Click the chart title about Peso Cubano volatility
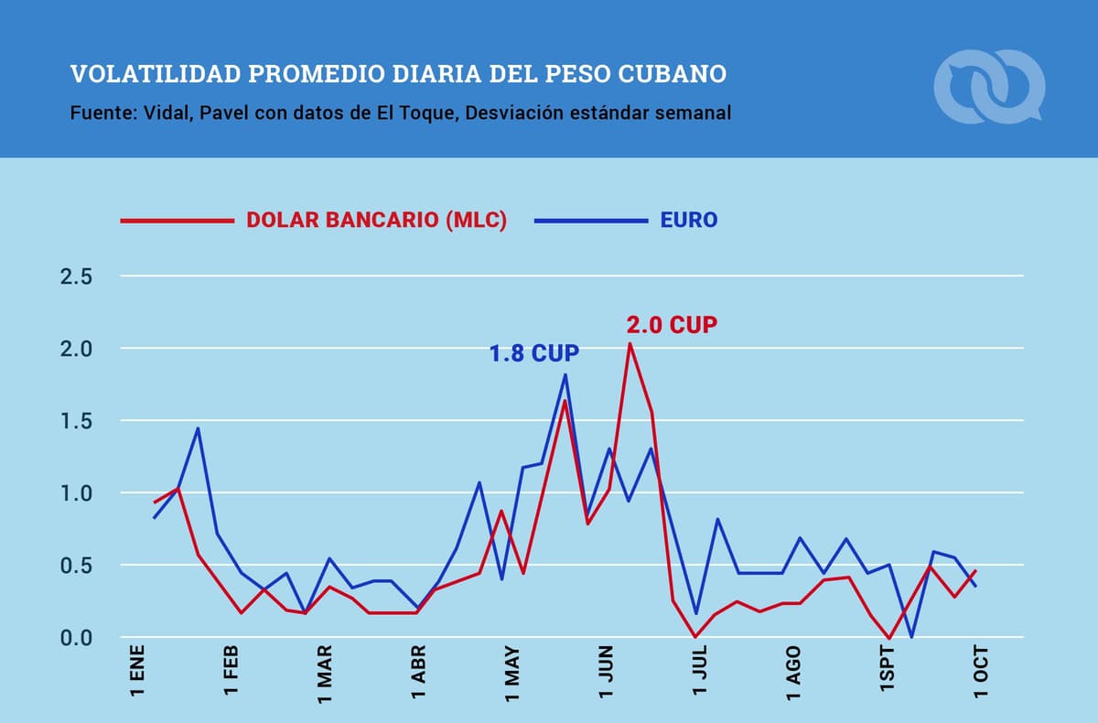coord(398,73)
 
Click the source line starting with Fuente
coord(400,114)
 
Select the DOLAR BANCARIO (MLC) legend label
coord(376,221)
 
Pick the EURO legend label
coord(688,221)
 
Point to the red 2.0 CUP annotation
coord(671,325)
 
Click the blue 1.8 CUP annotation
coord(534,354)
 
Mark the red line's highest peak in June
coord(630,343)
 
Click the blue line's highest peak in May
coord(565,374)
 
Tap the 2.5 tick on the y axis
coord(76,276)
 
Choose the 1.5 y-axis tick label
coord(76,421)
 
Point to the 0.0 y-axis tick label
coord(76,638)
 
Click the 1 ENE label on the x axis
coord(138,674)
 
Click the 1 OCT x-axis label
coord(982,674)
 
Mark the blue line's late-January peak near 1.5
coord(198,428)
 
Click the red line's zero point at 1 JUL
coord(695,636)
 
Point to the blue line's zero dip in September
coord(911,636)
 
